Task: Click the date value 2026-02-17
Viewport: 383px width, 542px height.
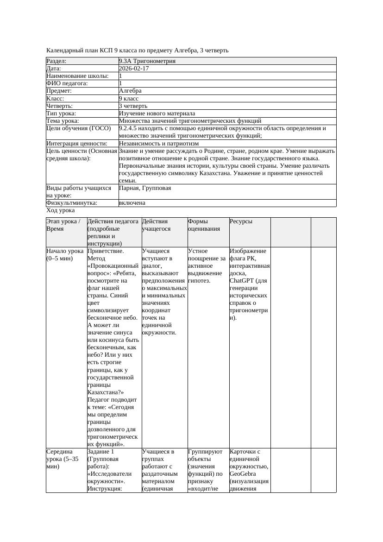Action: click(134, 69)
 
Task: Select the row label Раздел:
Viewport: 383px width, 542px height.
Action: click(57, 61)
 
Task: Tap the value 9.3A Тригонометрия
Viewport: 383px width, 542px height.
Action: click(147, 61)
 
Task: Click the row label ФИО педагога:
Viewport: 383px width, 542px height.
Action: click(67, 83)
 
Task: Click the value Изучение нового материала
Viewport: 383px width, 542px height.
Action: click(157, 113)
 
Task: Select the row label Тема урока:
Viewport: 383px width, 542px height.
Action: click(63, 121)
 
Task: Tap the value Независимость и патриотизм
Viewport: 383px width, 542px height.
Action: click(159, 144)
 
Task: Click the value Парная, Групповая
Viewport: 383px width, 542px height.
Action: click(145, 188)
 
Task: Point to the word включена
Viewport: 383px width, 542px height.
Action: click(132, 203)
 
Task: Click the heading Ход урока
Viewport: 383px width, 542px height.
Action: click(61, 210)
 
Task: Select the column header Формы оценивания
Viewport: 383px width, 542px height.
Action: click(201, 225)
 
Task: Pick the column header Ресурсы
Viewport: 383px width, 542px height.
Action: click(241, 221)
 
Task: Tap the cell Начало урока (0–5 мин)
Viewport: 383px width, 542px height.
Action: click(65, 255)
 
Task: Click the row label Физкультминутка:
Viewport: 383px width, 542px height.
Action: click(71, 203)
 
